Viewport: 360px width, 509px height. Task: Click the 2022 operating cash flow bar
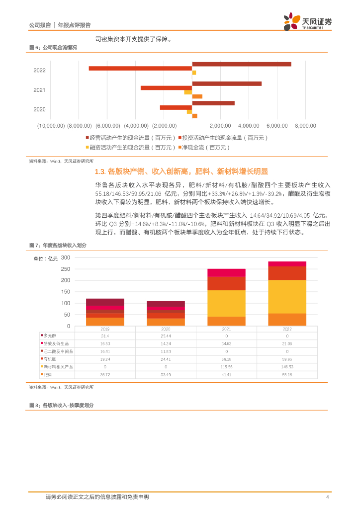point(242,64)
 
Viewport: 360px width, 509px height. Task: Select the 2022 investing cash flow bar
point(140,68)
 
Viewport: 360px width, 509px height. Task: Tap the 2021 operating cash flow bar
point(227,84)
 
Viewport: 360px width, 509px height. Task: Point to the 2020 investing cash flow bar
point(176,107)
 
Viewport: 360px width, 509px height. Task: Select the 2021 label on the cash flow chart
point(39,90)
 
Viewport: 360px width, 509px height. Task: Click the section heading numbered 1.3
point(181,171)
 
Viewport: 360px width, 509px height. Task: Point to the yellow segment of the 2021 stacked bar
point(226,303)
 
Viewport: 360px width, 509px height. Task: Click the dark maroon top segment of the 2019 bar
point(105,302)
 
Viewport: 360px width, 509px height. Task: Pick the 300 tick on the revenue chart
point(66,257)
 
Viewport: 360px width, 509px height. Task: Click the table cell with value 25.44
point(166,336)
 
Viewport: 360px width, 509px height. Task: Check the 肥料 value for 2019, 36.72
point(105,374)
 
